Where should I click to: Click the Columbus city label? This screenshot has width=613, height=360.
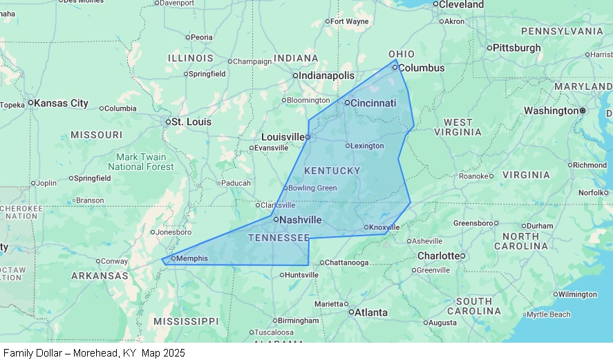pos(422,68)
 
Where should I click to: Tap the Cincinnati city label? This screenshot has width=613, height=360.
pos(373,103)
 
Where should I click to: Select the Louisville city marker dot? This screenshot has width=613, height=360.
pos(308,137)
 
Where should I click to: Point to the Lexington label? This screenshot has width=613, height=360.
pos(367,146)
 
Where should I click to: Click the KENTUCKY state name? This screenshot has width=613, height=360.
pos(332,171)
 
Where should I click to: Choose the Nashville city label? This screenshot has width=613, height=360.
pos(301,220)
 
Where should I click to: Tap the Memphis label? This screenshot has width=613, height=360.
pos(192,258)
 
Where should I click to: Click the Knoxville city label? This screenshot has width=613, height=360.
pos(385,227)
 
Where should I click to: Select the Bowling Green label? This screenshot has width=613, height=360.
pos(312,188)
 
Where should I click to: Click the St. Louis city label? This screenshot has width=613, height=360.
pos(191,122)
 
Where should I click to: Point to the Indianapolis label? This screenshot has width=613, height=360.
pos(326,75)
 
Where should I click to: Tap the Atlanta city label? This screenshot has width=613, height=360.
pos(371,312)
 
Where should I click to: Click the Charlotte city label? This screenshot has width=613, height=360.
pos(438,256)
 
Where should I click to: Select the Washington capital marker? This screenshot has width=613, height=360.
pos(583,111)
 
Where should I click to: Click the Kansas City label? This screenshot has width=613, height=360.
pos(61,103)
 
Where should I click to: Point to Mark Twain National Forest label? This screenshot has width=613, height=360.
pos(141,162)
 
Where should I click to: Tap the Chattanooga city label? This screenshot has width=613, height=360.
pos(346,263)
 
